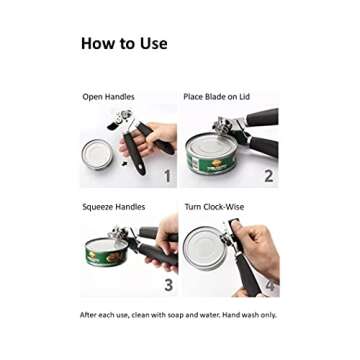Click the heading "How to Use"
click(124, 44)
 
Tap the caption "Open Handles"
click(108, 97)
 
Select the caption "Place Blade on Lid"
click(216, 97)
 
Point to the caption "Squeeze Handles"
click(113, 207)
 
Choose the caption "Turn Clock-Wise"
click(214, 207)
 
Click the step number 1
click(168, 177)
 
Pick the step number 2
click(268, 177)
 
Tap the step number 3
click(168, 285)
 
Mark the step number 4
click(270, 285)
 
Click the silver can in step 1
click(99, 155)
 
